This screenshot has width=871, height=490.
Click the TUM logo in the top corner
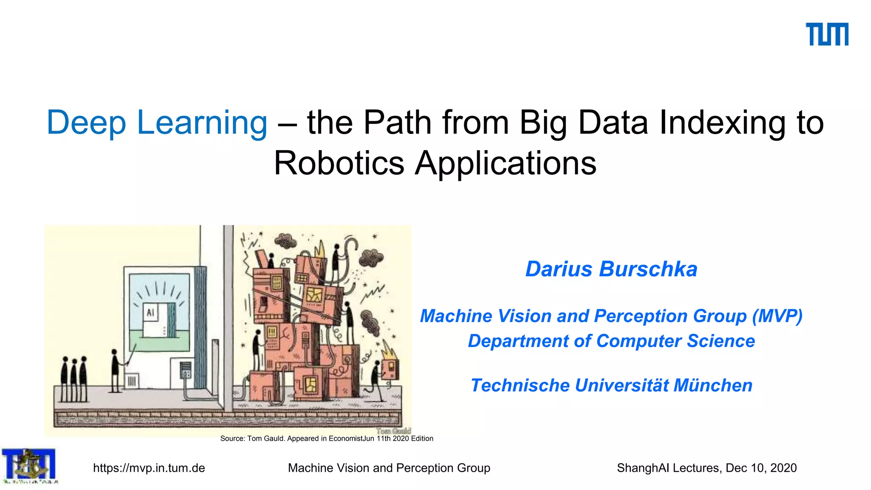pyautogui.click(x=827, y=34)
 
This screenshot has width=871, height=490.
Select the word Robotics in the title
pyautogui.click(x=339, y=163)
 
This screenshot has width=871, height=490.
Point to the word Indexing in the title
pyautogui.click(x=722, y=123)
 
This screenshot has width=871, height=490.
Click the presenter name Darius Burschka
pyautogui.click(x=611, y=269)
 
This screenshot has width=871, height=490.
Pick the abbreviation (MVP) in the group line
pyautogui.click(x=777, y=316)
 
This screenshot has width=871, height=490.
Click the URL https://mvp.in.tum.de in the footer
pyautogui.click(x=149, y=468)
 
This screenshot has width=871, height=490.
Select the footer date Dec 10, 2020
pyautogui.click(x=761, y=468)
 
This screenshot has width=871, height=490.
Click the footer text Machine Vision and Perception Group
pyautogui.click(x=389, y=468)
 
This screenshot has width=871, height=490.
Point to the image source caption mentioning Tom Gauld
pyautogui.click(x=327, y=439)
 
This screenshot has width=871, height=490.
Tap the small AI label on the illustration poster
pyautogui.click(x=150, y=313)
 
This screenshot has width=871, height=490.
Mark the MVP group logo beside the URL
pyautogui.click(x=29, y=466)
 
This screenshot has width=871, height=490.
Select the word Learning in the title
pyautogui.click(x=202, y=123)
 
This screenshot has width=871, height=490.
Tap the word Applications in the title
pyautogui.click(x=506, y=163)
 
